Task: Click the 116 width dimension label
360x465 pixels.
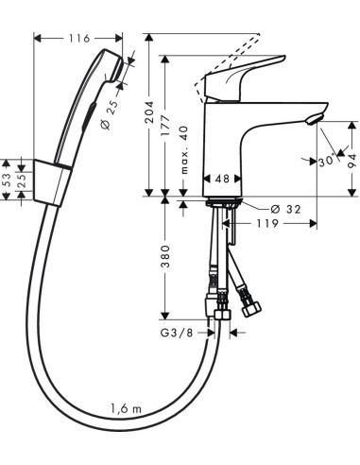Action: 79,39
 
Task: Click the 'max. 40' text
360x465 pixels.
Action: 185,150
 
